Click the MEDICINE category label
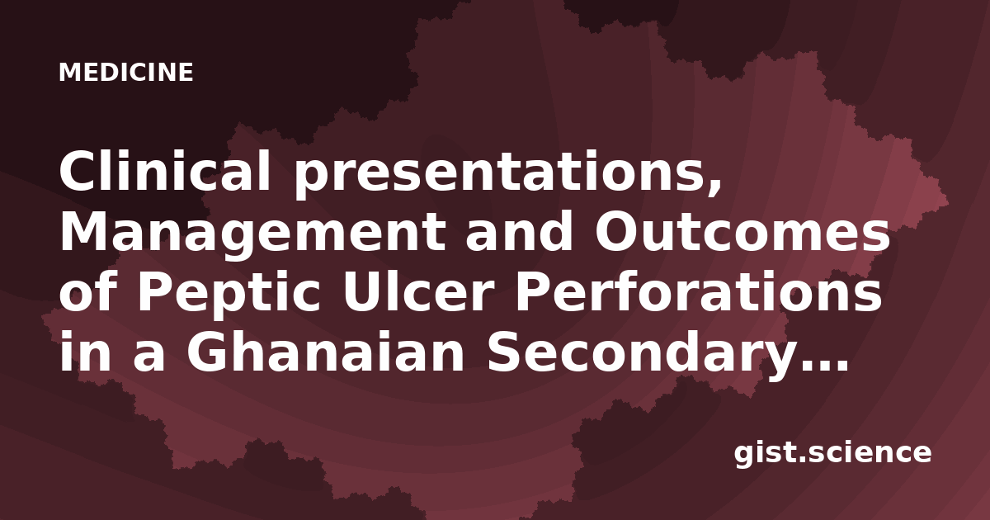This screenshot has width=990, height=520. point(126,73)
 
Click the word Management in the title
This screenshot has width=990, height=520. point(252,233)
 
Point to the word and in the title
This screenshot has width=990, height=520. point(519,230)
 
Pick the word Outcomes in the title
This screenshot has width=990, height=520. point(742,231)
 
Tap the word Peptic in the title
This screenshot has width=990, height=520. point(228,294)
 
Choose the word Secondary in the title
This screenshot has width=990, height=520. point(629,353)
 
